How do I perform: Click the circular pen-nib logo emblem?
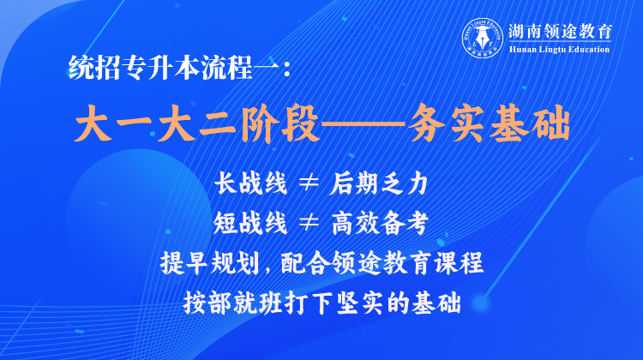click(x=483, y=38)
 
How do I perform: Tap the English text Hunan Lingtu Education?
click(x=559, y=50)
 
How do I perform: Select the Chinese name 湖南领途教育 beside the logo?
click(x=560, y=31)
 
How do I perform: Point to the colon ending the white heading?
click(x=286, y=69)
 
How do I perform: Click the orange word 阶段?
click(x=279, y=123)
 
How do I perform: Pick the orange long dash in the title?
click(x=362, y=124)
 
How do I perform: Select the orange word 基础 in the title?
click(x=530, y=123)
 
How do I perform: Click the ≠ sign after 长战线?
click(x=309, y=183)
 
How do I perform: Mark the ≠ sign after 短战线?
click(x=309, y=223)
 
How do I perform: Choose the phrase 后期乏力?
click(x=379, y=183)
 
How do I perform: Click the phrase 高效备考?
click(x=380, y=224)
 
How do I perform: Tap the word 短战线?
click(x=249, y=224)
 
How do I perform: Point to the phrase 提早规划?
click(x=209, y=263)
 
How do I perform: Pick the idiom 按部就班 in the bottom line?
click(x=232, y=303)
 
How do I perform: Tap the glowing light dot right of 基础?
click(x=480, y=303)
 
